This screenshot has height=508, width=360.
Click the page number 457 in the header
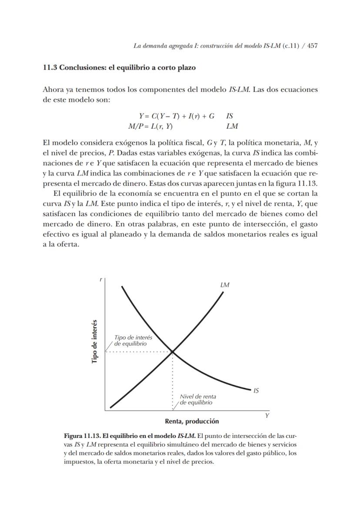[311, 45]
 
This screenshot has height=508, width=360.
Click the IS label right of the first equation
[230, 116]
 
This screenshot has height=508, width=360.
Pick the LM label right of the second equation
[232, 127]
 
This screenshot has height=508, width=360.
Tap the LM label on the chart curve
[225, 285]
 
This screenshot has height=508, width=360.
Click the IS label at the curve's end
[256, 391]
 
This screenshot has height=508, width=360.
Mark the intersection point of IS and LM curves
[173, 351]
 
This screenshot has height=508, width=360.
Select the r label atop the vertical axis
[101, 280]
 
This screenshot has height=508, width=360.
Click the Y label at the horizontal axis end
[267, 416]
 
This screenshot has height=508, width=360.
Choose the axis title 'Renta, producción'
[192, 421]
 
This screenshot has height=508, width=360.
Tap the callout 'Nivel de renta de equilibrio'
[197, 400]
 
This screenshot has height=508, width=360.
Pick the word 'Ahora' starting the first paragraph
[52, 90]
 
